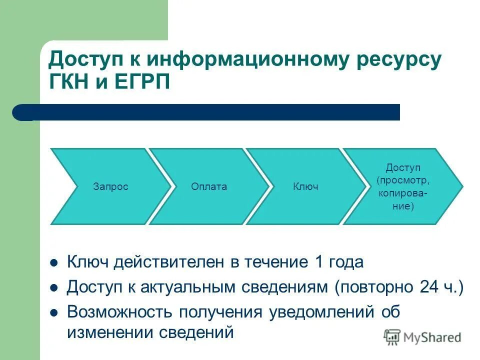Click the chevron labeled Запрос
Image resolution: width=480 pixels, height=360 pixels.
110,186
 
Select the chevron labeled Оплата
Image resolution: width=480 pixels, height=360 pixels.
208,186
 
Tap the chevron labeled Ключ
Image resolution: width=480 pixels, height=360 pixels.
305,186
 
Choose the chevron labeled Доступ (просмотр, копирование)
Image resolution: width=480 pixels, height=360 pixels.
403,186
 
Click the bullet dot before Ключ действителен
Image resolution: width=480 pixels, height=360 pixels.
54,262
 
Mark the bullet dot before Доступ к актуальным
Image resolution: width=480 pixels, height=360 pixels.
54,287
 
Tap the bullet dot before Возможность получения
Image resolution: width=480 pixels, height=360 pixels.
54,312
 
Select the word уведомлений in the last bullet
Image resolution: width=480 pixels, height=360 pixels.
322,312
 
